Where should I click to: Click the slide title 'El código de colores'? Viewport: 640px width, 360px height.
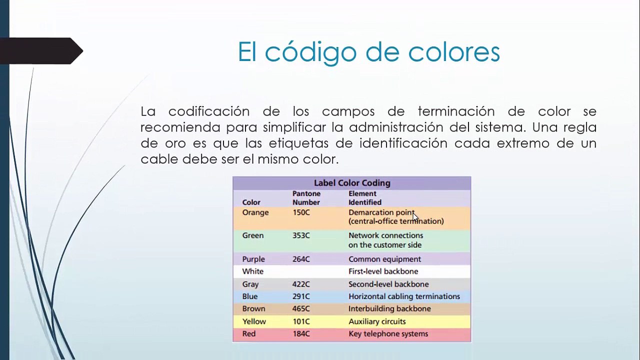tap(368, 52)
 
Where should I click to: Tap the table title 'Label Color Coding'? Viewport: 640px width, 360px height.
tap(352, 183)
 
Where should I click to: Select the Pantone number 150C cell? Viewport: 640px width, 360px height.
tap(301, 212)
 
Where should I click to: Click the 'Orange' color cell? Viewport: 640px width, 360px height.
tap(255, 212)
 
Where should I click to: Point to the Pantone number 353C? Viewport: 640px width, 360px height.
tap(301, 235)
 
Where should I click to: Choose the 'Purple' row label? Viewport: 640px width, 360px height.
tap(253, 259)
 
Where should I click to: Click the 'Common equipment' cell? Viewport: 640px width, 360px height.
tap(384, 259)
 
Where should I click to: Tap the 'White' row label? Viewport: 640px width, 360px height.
tap(252, 271)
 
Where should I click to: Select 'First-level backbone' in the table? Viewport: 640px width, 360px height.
tap(383, 271)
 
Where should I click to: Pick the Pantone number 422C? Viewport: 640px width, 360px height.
tap(301, 284)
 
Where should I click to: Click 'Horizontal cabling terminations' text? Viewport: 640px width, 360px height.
tap(404, 296)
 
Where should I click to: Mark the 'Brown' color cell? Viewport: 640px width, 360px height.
tap(253, 309)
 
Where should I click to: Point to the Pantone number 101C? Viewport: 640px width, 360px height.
tap(301, 321)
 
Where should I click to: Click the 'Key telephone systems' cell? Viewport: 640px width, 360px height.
tap(388, 334)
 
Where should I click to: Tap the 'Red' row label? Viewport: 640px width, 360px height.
tap(249, 334)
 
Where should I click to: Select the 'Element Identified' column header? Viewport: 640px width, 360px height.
tap(365, 198)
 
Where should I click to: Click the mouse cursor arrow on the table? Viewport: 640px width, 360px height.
tap(415, 216)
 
